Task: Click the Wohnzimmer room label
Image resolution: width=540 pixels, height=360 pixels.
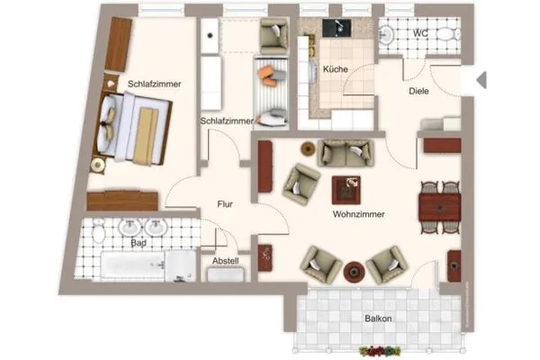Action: point(358,215)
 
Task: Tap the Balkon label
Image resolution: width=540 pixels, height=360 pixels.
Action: point(377,318)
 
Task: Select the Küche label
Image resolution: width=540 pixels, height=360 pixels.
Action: point(335,69)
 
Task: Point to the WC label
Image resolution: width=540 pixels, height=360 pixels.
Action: point(421,34)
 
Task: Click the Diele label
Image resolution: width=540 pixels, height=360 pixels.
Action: point(419,90)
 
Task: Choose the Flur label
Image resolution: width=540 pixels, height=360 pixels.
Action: point(225,204)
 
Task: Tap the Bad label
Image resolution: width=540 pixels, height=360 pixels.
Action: point(138,243)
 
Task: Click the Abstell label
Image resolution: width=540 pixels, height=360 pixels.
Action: point(225,261)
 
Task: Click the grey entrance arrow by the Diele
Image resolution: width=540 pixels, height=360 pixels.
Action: point(481,80)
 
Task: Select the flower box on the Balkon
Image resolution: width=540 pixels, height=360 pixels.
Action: point(379,350)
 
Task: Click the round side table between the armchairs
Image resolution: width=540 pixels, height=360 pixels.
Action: point(355,269)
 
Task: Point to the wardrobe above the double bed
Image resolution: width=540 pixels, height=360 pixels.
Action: point(118,44)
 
